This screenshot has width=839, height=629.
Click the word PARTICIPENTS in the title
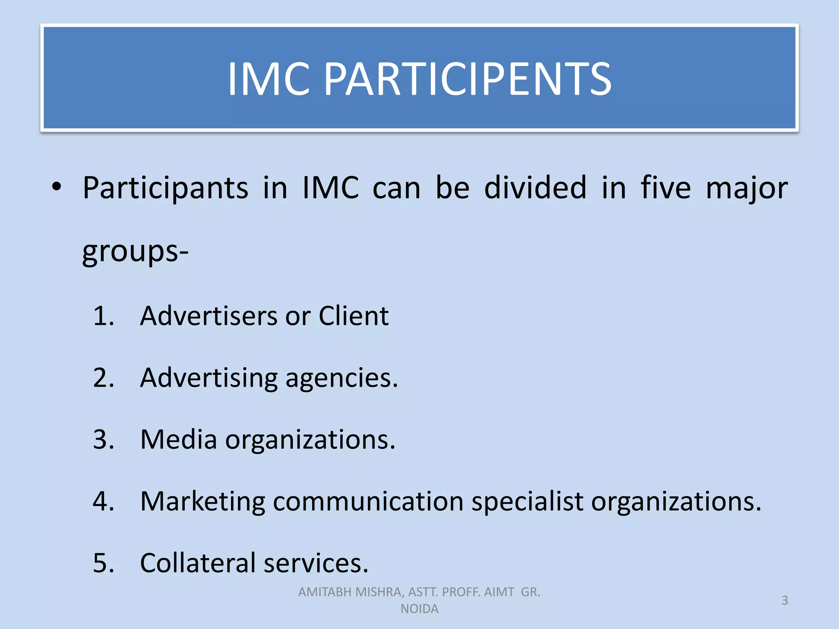tap(467, 79)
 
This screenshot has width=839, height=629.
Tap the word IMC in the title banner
tap(268, 79)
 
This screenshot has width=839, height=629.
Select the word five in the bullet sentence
tap(666, 188)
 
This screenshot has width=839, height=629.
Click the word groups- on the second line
tap(135, 251)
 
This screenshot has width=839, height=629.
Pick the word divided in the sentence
tap(535, 188)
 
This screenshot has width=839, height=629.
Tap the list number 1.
tap(103, 316)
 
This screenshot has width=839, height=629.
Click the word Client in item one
tap(353, 316)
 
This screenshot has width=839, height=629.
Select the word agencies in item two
tap(341, 378)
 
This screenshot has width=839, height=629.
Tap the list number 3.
tap(103, 440)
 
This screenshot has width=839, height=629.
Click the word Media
tap(178, 440)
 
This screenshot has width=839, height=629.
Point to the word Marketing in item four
tap(202, 502)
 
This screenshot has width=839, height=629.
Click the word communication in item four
tap(368, 502)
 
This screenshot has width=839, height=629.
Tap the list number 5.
tap(103, 563)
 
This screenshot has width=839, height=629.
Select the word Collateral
tap(198, 563)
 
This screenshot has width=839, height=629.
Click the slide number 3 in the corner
tap(785, 600)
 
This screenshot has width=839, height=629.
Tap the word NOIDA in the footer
tap(419, 609)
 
